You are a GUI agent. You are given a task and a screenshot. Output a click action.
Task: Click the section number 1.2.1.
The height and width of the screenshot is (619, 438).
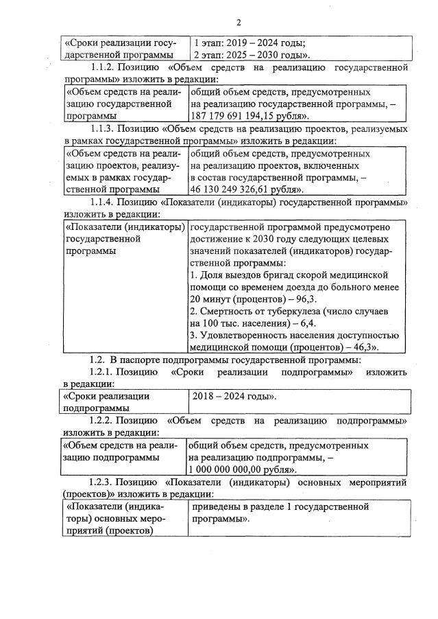click(x=104, y=371)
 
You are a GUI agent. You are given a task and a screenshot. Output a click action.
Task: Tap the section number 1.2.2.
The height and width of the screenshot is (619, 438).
click(x=104, y=419)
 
